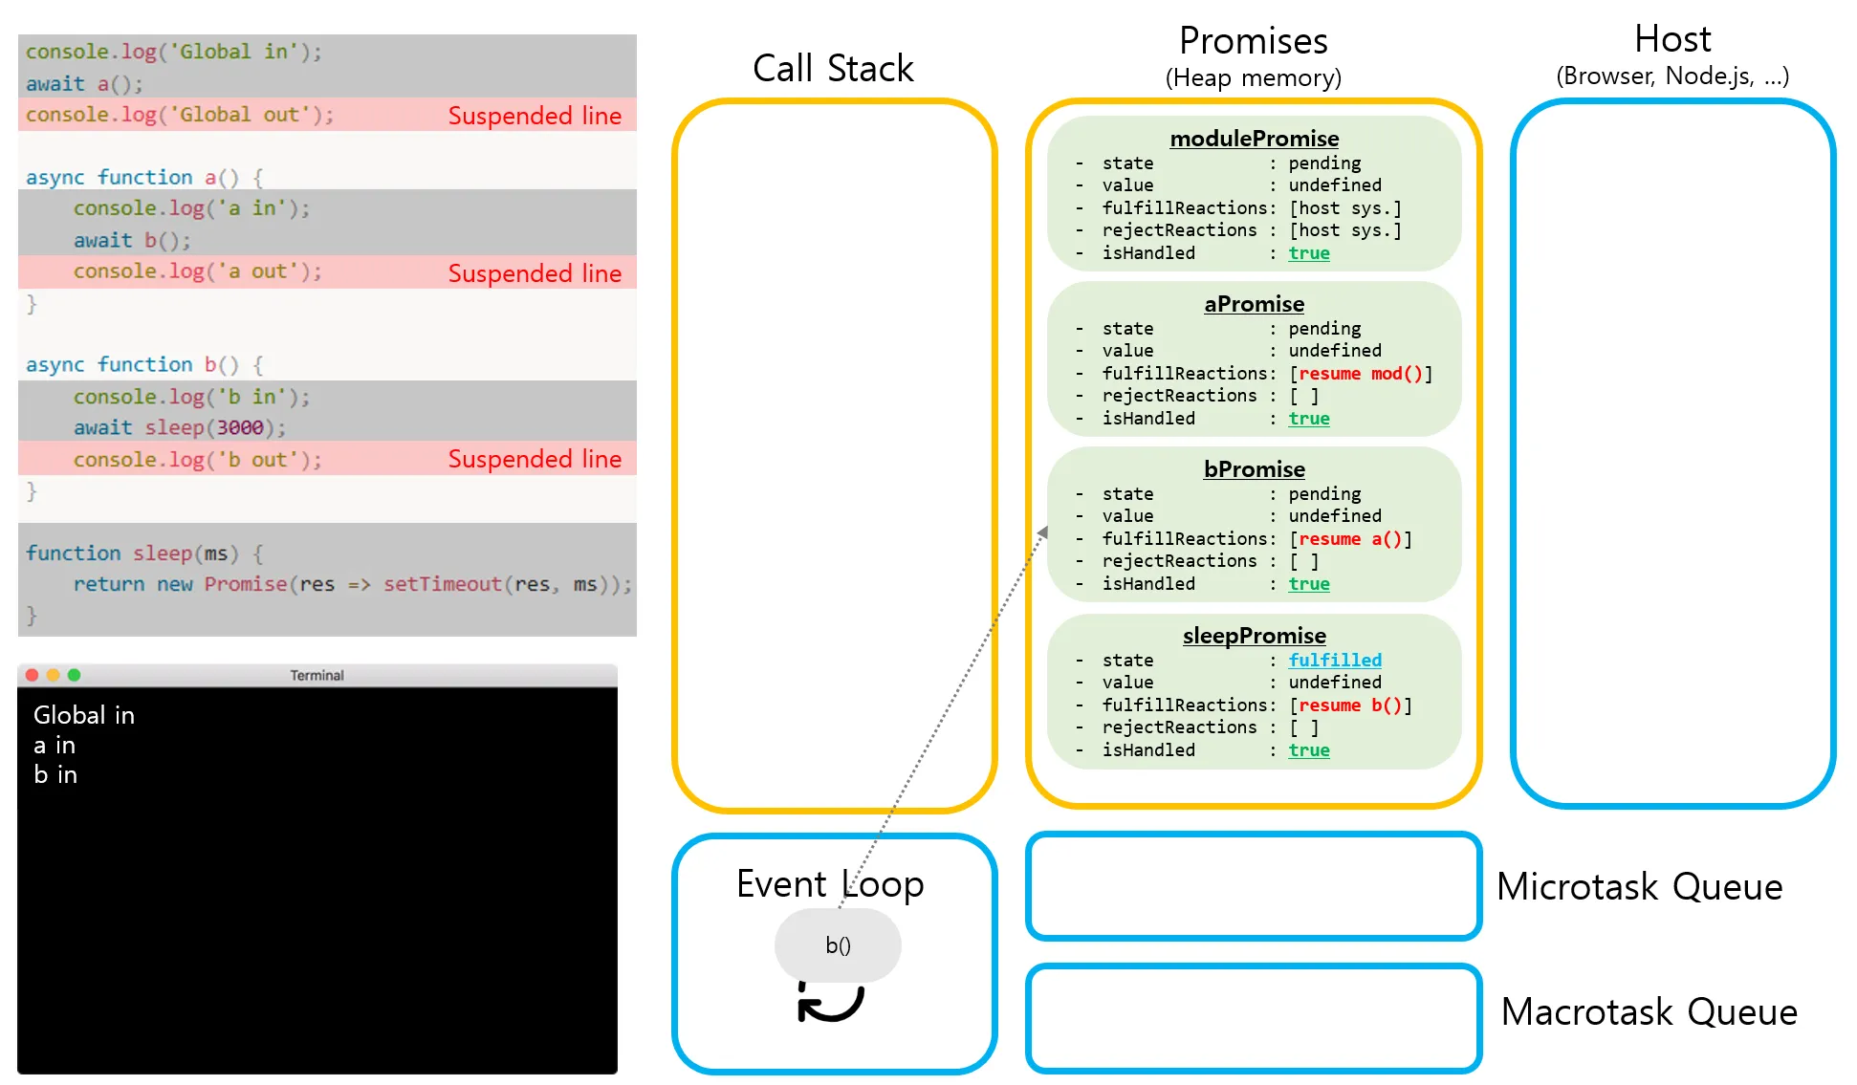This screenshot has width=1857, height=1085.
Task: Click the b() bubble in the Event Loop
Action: coord(838,945)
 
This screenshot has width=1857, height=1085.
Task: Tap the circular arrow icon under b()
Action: coord(830,1002)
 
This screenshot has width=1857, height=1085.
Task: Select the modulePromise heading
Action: coord(1254,139)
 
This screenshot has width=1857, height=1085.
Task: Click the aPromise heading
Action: coord(1254,304)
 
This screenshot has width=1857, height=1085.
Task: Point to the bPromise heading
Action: coord(1254,469)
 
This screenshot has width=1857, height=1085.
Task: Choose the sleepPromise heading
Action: coord(1254,636)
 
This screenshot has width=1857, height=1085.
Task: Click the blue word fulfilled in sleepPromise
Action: coord(1334,661)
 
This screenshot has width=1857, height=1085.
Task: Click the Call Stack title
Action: coord(833,69)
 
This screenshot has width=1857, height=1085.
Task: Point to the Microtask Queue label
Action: coord(1639,887)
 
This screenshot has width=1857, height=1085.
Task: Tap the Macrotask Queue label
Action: coord(1649,1011)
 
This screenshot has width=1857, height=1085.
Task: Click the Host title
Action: coord(1672,40)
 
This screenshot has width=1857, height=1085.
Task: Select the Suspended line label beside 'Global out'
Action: coord(535,116)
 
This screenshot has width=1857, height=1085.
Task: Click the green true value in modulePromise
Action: coord(1308,253)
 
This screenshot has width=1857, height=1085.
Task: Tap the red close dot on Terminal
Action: coord(32,675)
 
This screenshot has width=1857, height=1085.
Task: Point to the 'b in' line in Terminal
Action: coord(55,774)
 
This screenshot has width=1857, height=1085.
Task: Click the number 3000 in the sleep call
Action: coord(239,427)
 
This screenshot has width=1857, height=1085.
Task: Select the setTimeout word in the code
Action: coord(442,584)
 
